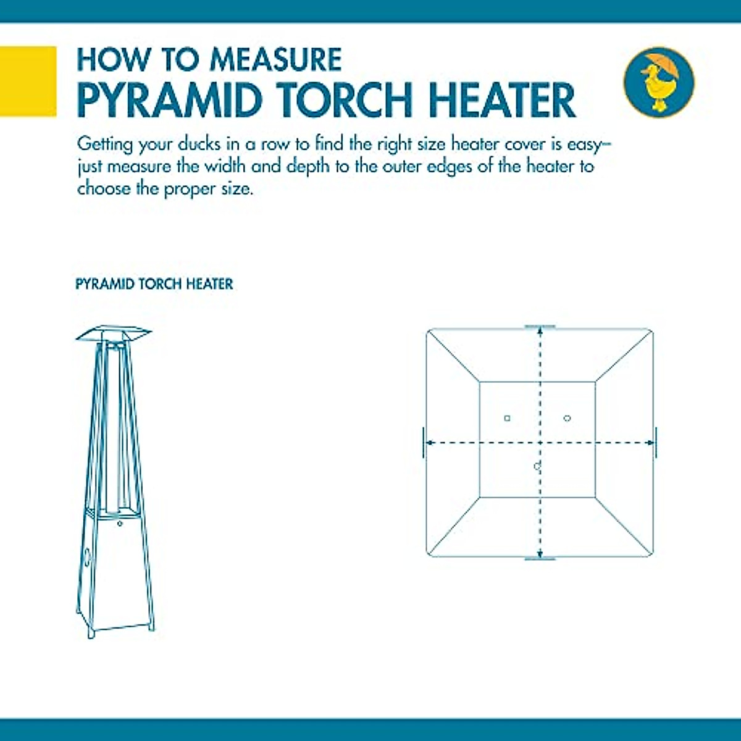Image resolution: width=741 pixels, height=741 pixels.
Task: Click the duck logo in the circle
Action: tap(659, 82)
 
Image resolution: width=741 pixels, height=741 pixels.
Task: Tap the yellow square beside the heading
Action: tap(28, 81)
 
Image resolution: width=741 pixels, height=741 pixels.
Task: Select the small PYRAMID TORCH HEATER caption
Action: tap(154, 284)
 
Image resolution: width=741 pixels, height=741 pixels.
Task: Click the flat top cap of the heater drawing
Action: tap(114, 334)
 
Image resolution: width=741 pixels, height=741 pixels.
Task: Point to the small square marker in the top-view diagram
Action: tap(508, 419)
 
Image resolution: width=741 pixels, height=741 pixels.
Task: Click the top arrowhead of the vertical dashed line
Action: tap(540, 331)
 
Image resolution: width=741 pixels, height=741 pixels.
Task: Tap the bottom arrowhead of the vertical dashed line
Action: tap(540, 553)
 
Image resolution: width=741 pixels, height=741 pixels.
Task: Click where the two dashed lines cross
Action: tap(540, 442)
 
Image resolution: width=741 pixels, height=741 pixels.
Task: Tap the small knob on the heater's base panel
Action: tap(120, 523)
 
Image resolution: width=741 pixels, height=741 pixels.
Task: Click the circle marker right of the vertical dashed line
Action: tap(567, 418)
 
